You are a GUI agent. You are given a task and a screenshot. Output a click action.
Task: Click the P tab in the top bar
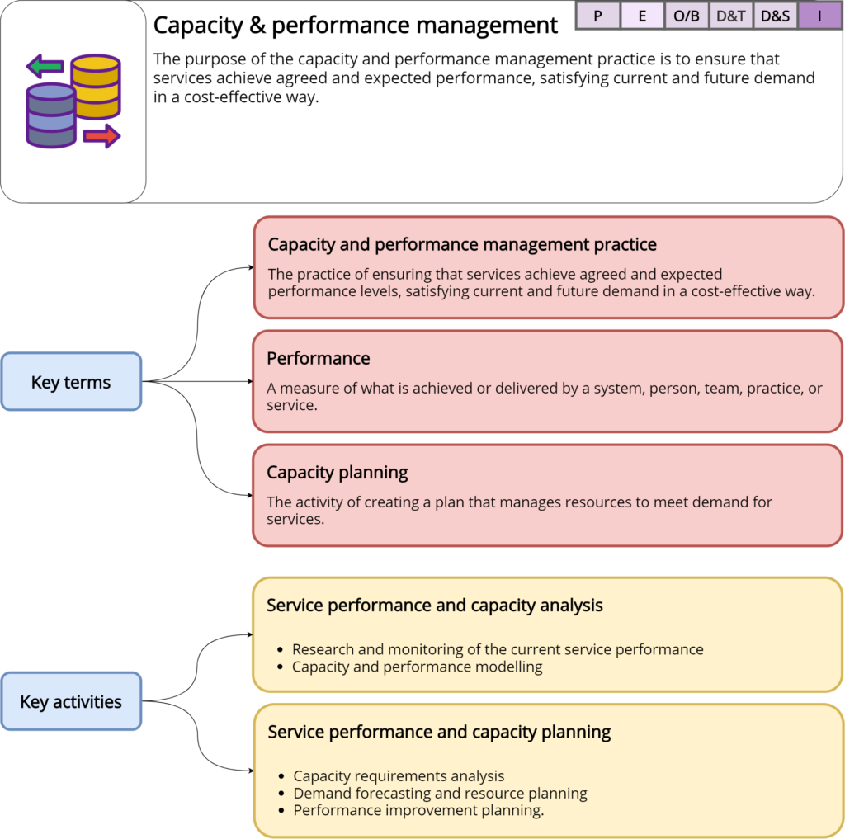[597, 16]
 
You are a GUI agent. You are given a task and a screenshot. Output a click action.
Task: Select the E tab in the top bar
[642, 16]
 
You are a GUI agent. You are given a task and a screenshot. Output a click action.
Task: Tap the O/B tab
[687, 16]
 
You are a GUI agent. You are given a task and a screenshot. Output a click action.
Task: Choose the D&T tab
[731, 16]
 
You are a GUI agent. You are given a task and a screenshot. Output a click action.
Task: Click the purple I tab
[820, 16]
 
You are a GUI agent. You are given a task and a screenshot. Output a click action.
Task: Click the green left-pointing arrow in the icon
[45, 65]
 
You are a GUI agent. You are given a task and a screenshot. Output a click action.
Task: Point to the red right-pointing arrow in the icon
[101, 136]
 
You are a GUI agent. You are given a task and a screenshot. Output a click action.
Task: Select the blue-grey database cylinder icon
[51, 115]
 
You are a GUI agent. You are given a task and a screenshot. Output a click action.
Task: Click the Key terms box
[71, 382]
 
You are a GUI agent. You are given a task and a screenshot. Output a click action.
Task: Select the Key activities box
[71, 702]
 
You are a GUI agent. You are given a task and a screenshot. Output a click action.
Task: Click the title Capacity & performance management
[356, 26]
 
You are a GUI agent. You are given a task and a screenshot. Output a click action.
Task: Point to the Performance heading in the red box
[319, 359]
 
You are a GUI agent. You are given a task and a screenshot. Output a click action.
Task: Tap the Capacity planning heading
[338, 473]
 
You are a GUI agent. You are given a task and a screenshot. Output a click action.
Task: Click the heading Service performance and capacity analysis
[435, 606]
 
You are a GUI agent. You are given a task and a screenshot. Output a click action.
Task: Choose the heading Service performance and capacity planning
[439, 732]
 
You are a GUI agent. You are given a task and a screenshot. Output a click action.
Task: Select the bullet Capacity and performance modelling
[418, 667]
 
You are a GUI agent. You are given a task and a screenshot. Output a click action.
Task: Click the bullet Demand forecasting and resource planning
[441, 794]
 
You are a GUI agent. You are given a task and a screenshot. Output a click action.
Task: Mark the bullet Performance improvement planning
[419, 810]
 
